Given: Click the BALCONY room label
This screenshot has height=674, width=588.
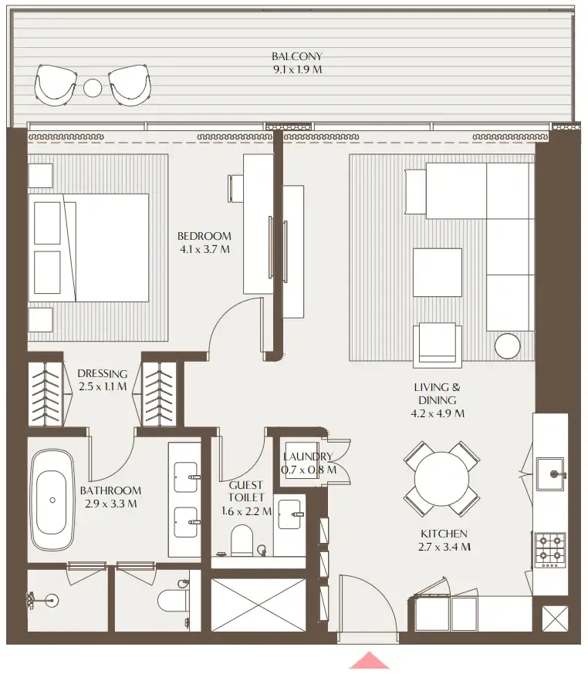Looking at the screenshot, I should (296, 56).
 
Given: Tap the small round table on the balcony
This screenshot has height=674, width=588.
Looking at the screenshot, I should (93, 87).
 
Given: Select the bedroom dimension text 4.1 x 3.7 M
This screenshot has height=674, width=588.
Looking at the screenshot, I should (204, 249).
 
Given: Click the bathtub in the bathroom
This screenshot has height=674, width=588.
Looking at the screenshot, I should (52, 499).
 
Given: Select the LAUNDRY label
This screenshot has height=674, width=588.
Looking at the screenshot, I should (308, 457).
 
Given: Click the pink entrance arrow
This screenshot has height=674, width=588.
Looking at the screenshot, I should (370, 661).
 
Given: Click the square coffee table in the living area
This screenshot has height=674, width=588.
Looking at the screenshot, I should (437, 272).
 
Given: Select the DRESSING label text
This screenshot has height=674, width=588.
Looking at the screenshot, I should (102, 374).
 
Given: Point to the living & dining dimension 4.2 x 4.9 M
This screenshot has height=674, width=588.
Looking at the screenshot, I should (438, 413).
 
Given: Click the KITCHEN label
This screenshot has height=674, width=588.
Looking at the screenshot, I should (444, 534).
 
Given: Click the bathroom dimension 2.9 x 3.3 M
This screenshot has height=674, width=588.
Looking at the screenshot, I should (110, 504).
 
